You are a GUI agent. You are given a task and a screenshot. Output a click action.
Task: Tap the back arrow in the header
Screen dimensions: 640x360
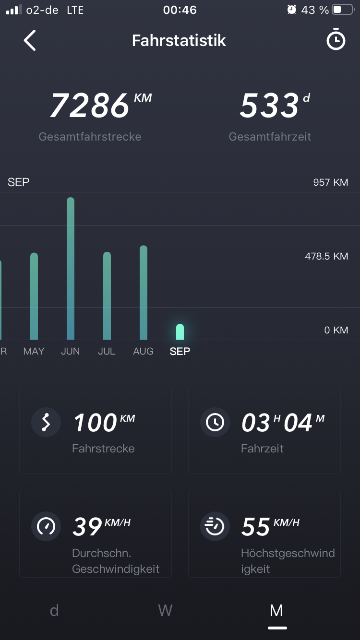point(30,40)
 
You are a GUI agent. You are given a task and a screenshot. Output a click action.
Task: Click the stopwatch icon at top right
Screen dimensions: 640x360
point(336,40)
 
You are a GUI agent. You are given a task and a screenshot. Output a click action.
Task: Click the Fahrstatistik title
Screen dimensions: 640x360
point(179,40)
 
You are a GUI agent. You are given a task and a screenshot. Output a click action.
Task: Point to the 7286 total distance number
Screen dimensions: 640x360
point(90,106)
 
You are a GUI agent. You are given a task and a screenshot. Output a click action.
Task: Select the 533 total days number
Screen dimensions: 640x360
point(269,106)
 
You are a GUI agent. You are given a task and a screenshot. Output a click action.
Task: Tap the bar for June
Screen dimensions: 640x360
point(71,269)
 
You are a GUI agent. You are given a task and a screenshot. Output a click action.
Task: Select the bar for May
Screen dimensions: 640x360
point(34,296)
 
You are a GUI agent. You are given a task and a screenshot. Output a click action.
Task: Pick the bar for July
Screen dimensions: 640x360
point(107,296)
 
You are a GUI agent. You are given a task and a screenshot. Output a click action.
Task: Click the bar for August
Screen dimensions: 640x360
point(144,293)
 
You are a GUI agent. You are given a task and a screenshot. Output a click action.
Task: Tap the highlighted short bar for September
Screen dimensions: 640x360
point(180,332)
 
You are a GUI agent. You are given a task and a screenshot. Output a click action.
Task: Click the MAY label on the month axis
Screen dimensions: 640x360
point(34,351)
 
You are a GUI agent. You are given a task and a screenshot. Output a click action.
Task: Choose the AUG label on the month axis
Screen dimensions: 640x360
point(143,351)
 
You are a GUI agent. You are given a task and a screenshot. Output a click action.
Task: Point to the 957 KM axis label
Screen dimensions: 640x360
point(330,182)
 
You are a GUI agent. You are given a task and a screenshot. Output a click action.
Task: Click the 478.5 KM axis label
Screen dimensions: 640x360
point(326,256)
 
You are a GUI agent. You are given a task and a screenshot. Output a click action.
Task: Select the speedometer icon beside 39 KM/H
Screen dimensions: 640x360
point(46,526)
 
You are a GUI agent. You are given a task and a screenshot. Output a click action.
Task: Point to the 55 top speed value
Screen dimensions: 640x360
point(256,527)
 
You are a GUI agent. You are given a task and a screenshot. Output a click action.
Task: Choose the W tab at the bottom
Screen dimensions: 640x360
point(165,610)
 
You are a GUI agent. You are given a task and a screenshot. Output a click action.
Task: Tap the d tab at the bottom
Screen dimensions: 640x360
point(54,610)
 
